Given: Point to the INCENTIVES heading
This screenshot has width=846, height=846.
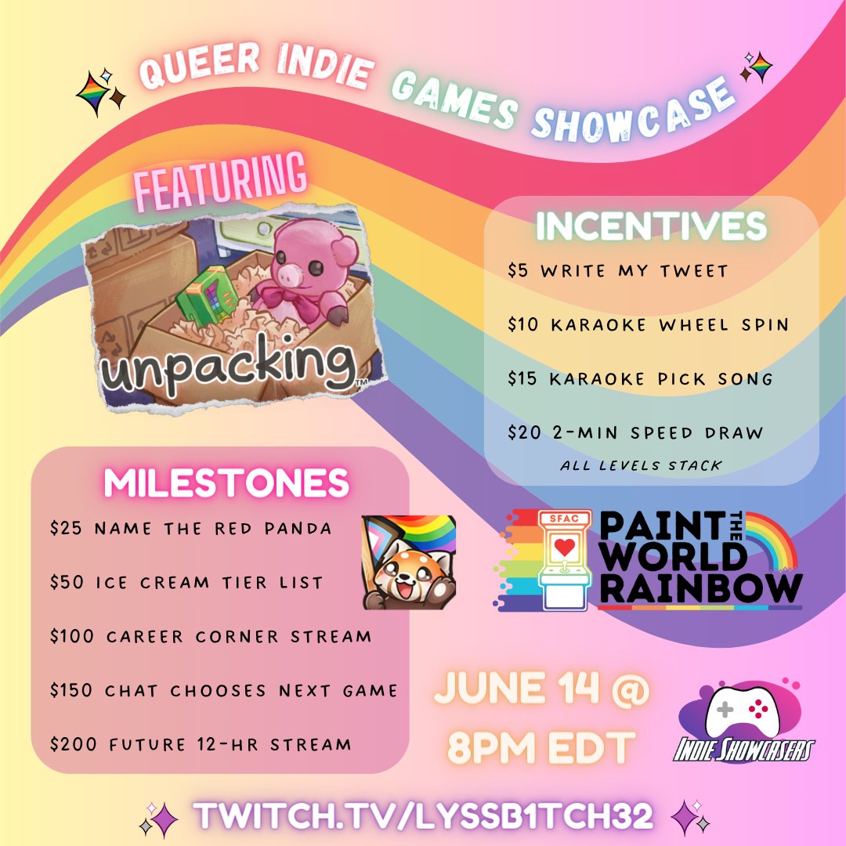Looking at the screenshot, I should tap(650, 226).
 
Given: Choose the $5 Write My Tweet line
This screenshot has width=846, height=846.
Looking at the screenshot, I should tap(617, 271).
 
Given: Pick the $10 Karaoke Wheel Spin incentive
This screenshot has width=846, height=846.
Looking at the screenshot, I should tap(647, 324).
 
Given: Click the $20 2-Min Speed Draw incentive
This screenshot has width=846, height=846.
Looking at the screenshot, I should tap(634, 432).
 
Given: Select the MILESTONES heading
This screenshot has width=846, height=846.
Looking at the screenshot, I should tap(226, 483).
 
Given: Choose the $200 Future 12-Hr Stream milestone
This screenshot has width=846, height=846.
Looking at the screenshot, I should tap(200, 743).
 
